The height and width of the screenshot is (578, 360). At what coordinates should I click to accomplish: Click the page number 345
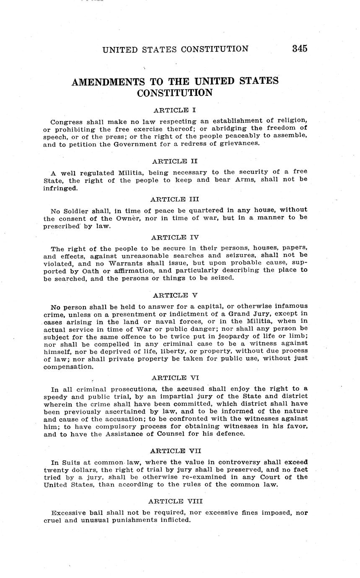tap(300, 49)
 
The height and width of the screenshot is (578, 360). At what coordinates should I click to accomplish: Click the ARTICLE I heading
tap(175, 111)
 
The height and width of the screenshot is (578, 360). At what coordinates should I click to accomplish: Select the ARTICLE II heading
tap(175, 161)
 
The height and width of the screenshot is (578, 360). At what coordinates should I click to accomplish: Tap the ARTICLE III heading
tap(175, 199)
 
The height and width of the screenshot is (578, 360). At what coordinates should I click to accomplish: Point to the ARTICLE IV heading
tap(175, 237)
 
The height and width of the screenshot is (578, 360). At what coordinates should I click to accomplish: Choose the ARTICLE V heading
tap(175, 295)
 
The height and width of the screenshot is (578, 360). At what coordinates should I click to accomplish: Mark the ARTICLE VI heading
tap(175, 378)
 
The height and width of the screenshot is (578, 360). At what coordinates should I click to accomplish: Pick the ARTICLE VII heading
tap(175, 451)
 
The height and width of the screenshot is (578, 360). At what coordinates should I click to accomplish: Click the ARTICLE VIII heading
tap(175, 501)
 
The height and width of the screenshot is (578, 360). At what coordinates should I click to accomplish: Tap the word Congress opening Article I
tap(65, 122)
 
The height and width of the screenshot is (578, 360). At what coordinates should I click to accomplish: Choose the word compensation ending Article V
tap(67, 367)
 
